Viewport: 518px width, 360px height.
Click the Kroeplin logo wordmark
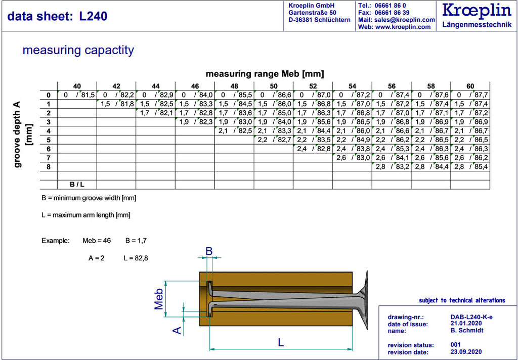pos(477,11)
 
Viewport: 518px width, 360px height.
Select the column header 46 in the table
pos(195,86)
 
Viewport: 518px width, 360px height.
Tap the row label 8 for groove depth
pos(49,167)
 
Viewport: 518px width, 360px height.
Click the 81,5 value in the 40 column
pos(88,95)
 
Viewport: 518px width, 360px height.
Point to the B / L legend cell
pos(77,185)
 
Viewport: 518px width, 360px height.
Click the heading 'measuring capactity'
pos(78,50)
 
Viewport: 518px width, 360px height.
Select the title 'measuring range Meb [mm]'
pos(265,74)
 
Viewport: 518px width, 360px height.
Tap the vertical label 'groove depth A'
pos(18,134)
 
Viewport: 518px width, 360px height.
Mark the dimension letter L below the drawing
pos(281,342)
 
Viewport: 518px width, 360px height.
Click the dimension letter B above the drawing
pos(209,251)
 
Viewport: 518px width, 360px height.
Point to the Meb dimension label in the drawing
pos(159,299)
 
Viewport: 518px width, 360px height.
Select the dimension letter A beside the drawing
pos(178,330)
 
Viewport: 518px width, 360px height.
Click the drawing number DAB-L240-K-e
pos(471,317)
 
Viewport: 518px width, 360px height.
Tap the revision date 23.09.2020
pos(466,352)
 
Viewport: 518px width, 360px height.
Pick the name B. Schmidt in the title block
pos(467,330)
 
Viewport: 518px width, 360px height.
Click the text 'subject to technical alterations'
pos(462,300)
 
